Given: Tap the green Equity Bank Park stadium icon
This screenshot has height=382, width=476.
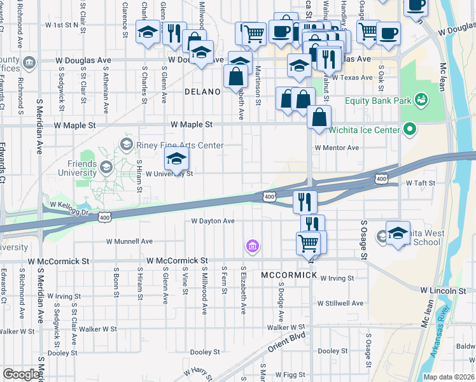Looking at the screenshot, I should tap(420, 100).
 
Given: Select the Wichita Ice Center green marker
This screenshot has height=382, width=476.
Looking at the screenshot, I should tap(410, 130).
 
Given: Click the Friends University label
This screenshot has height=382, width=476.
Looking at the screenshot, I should tap(77, 168).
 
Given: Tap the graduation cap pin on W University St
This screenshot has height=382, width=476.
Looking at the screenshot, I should tap(177, 160).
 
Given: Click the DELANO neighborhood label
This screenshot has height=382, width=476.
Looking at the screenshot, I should tap(202, 92).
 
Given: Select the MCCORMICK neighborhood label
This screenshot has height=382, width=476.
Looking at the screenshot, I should tap(289, 275).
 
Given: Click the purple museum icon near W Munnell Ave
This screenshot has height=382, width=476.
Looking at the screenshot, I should tap(253, 246).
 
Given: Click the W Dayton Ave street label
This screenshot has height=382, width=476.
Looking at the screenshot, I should tap(213, 222).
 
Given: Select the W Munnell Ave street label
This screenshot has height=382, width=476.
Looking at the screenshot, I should tap(129, 242).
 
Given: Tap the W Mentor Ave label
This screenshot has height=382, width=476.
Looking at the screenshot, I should tap(337, 148).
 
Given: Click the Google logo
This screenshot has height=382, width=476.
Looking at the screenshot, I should tap(22, 374).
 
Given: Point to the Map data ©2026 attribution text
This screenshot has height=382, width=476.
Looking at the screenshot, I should tap(449, 377).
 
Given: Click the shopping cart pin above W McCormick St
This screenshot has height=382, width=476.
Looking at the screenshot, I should tap(309, 242).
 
